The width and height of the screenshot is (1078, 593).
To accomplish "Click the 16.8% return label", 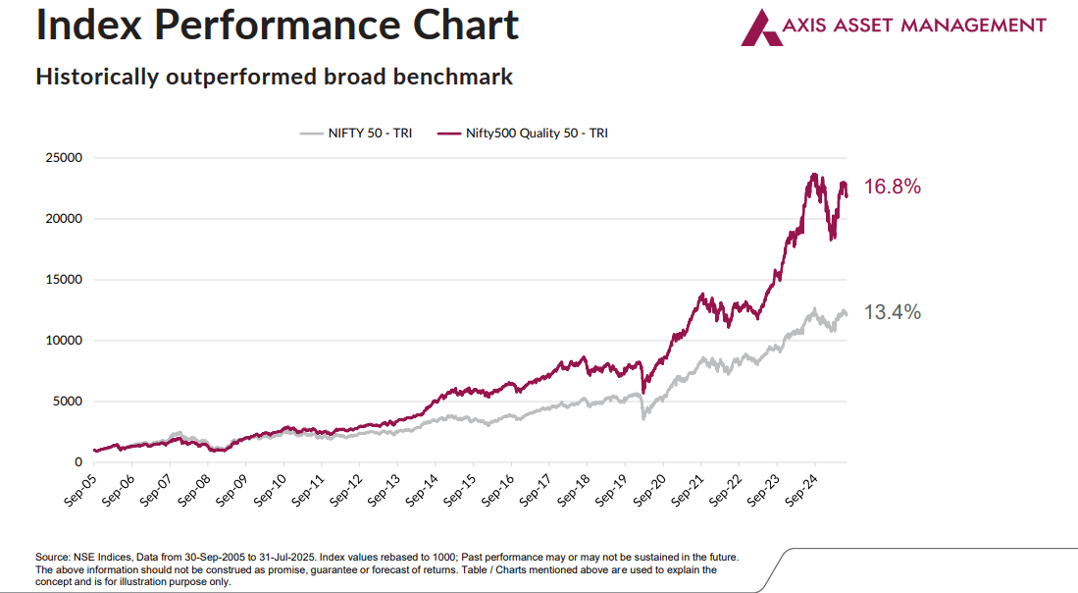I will (x=892, y=187).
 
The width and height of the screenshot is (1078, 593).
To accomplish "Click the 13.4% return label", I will (x=892, y=312).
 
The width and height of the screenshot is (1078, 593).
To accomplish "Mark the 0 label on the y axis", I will (x=77, y=462).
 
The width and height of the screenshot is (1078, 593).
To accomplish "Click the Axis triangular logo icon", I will (x=759, y=27).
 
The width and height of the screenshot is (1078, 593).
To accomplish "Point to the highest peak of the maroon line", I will (x=814, y=175).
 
